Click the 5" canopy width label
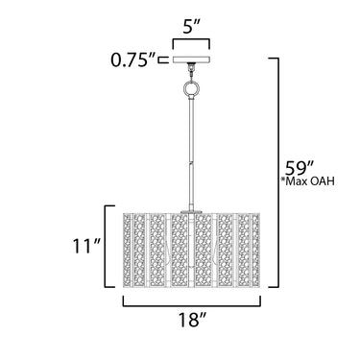tap(192, 27)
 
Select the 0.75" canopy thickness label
tap(134, 60)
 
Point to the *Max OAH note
tap(307, 181)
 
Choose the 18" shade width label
tap(192, 320)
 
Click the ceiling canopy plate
tap(191, 60)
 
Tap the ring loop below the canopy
tap(191, 87)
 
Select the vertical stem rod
tap(191, 154)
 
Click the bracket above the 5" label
tap(191, 39)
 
